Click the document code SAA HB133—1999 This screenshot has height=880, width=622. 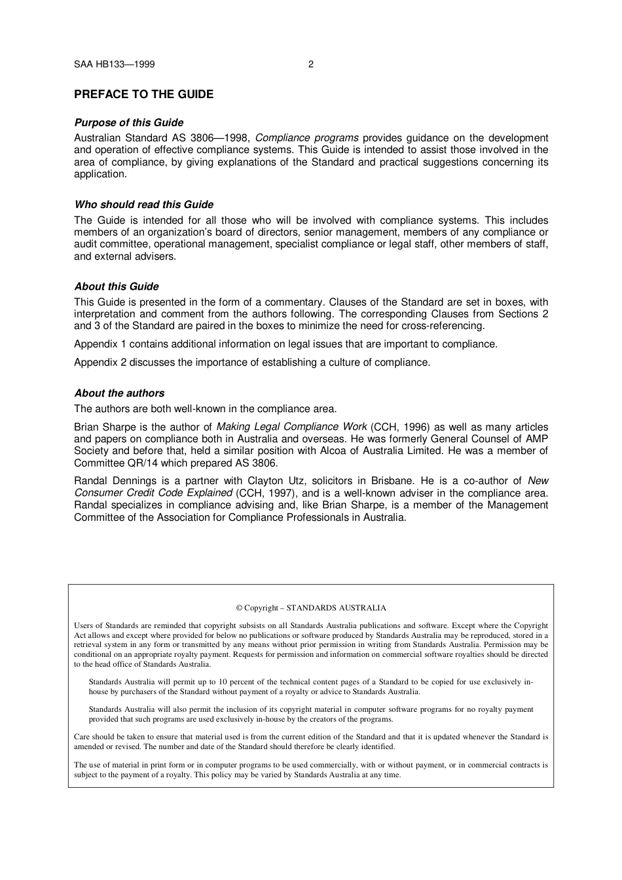pos(114,64)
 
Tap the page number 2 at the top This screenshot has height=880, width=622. pos(310,64)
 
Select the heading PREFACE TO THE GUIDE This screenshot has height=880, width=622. pos(143,94)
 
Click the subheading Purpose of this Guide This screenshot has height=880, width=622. pos(128,122)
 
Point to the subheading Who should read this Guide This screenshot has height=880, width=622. pos(143,204)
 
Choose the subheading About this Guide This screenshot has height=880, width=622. pos(116,286)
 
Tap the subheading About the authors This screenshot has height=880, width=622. pos(119,393)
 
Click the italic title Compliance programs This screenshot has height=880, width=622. pos(306,137)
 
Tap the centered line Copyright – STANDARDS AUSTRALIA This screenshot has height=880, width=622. pos(311,607)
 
